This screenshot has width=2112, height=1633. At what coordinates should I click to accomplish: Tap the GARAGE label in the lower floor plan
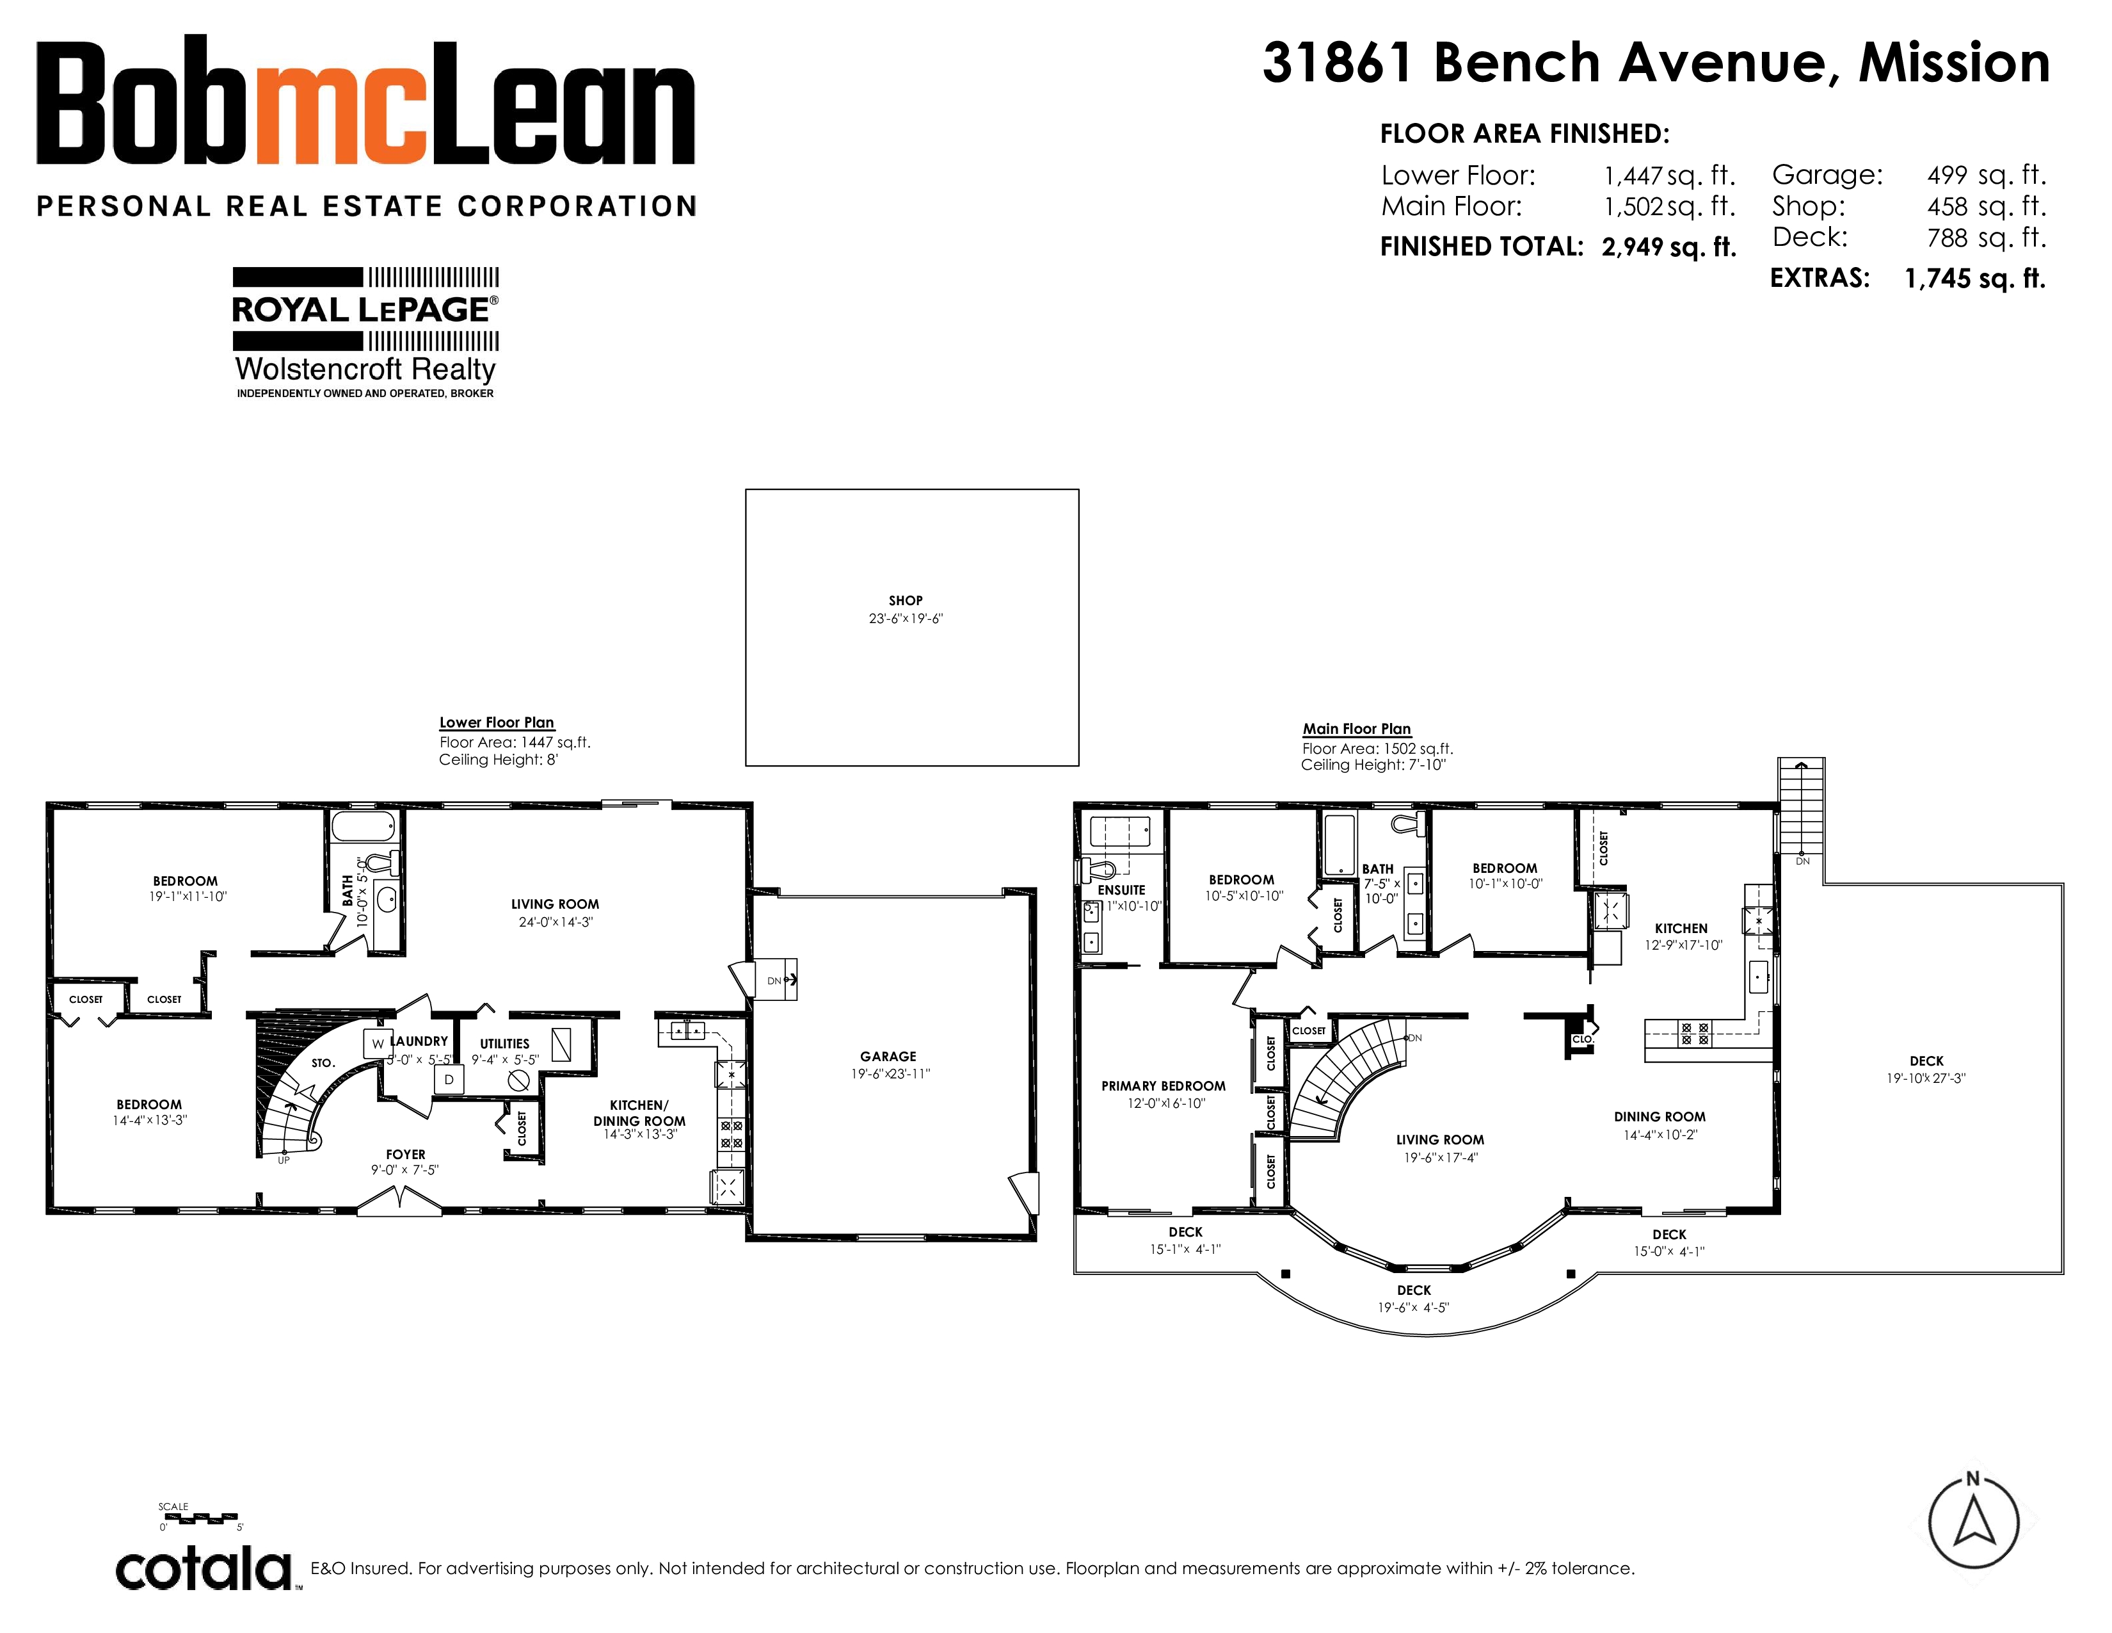(x=888, y=1057)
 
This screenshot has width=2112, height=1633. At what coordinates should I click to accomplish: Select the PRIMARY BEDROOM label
(x=1164, y=1085)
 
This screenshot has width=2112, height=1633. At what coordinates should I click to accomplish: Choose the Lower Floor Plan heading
(x=497, y=722)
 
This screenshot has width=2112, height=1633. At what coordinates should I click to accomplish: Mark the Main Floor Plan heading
(x=1357, y=729)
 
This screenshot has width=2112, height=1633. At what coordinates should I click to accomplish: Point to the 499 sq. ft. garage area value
(x=1987, y=175)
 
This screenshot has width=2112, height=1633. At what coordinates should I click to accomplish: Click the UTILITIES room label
(x=505, y=1044)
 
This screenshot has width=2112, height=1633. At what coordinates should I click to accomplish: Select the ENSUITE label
(x=1122, y=890)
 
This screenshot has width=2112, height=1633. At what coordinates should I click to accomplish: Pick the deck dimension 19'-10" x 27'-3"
(x=1926, y=1078)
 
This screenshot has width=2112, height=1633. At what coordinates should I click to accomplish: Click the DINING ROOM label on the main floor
(x=1660, y=1116)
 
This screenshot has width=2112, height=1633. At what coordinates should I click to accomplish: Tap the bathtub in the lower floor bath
(x=364, y=827)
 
